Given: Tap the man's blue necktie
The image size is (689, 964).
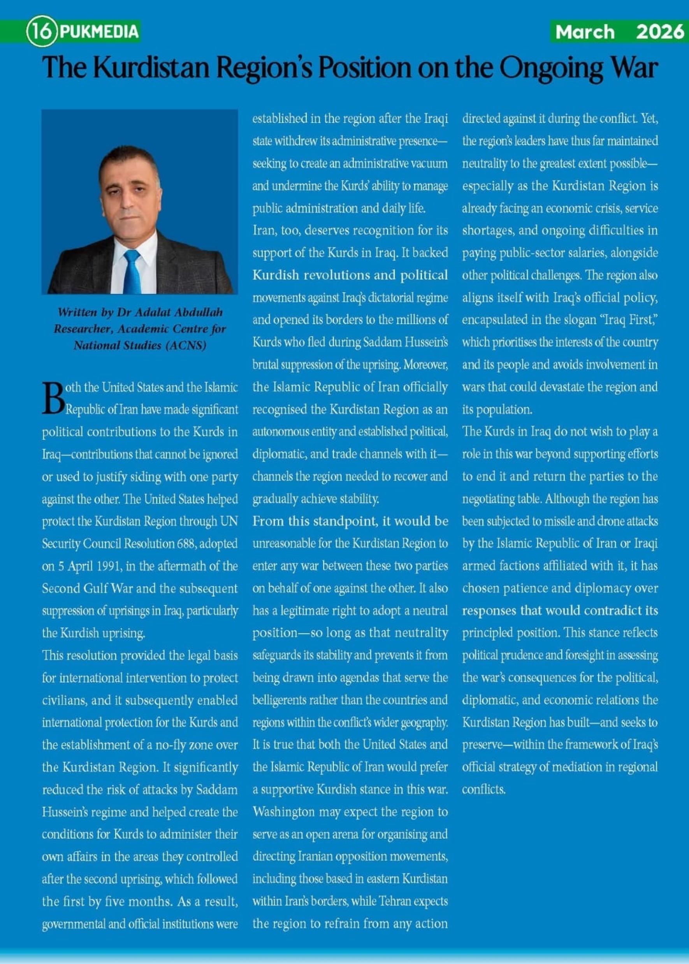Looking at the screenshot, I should pos(132,271).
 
